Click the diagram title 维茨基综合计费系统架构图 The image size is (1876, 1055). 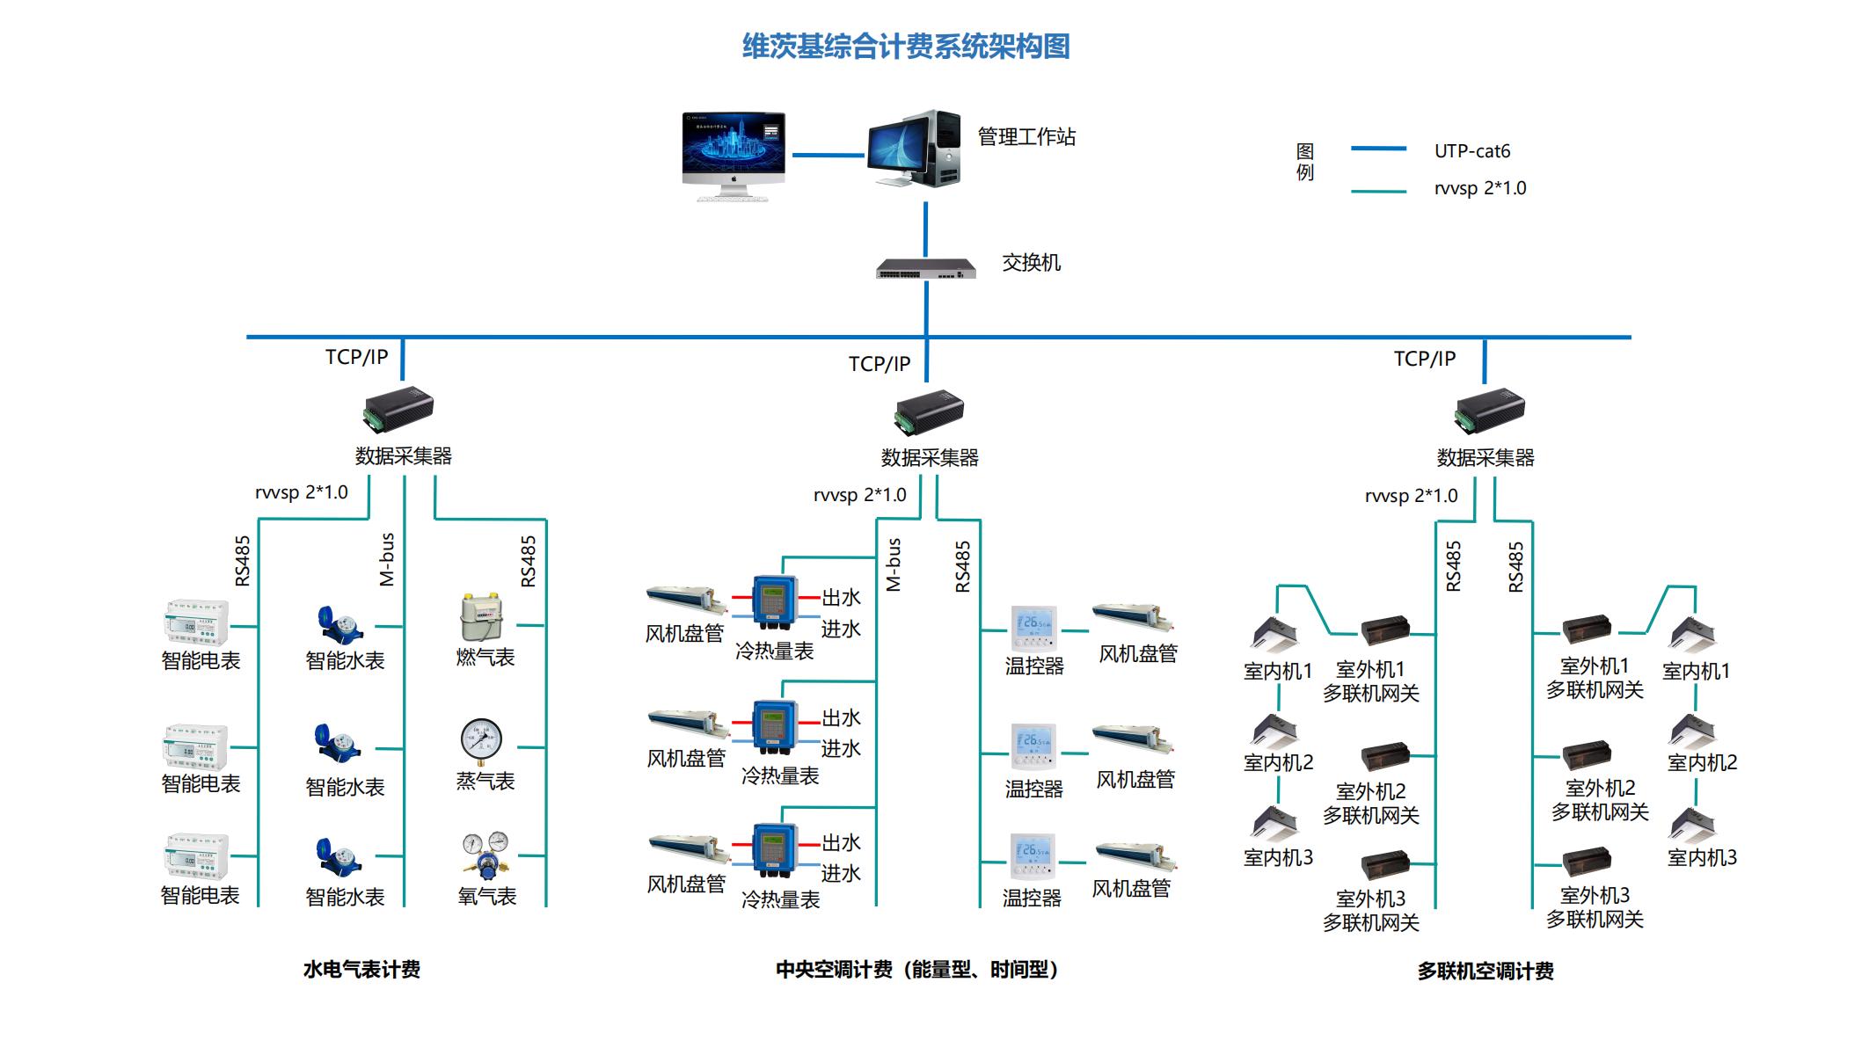[x=906, y=46]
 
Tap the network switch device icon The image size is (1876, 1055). [x=926, y=268]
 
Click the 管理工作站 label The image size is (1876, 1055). [x=1026, y=137]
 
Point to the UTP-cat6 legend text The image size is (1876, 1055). [x=1471, y=151]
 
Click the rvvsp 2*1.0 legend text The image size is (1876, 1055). [x=1479, y=188]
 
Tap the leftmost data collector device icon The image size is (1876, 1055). [x=398, y=410]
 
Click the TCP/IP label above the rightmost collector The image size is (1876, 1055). [x=1424, y=359]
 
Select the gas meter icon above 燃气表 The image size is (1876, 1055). [x=481, y=618]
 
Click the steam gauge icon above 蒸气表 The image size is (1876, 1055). [x=481, y=741]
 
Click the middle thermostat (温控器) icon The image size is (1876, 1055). [x=1033, y=747]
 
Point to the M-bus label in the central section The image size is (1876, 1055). [x=894, y=564]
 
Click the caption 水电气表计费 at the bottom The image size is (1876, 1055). [x=361, y=970]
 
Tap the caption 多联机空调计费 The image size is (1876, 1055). [x=1485, y=971]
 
